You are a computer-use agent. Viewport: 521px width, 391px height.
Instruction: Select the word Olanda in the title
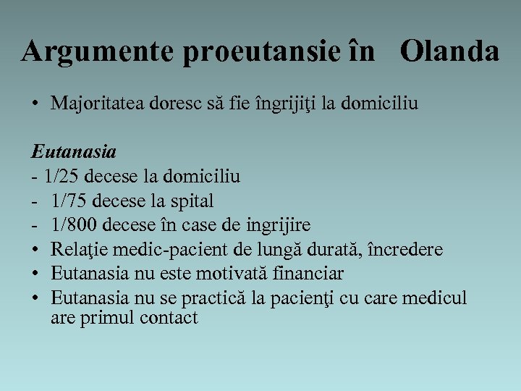coord(449,51)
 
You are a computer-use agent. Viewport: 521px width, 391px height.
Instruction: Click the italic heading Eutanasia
coord(73,152)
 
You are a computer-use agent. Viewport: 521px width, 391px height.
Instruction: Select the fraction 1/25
coord(60,175)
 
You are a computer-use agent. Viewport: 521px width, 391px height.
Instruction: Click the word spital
coord(192,200)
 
